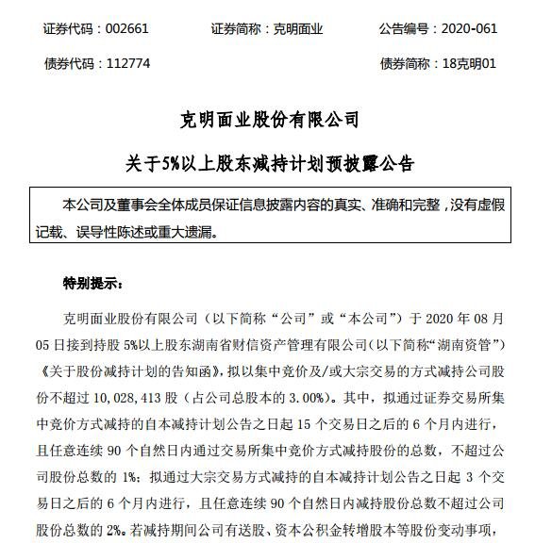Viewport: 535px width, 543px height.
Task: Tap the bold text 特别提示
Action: pyautogui.click(x=85, y=282)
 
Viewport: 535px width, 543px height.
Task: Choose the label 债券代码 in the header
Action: pyautogui.click(x=72, y=64)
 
